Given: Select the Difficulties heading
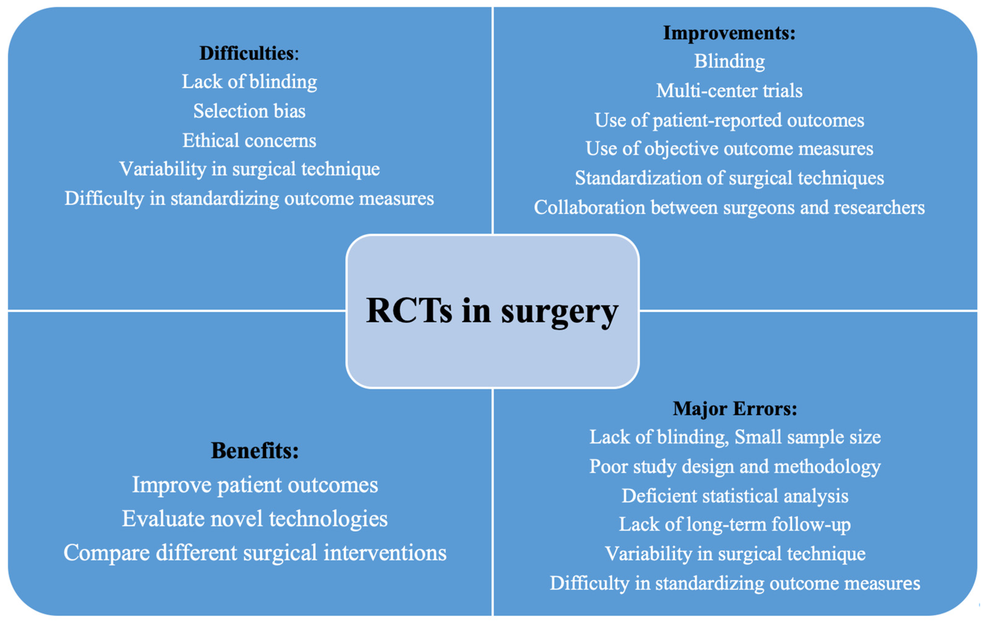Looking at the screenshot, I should click(249, 54).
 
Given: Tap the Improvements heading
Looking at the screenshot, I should click(729, 33).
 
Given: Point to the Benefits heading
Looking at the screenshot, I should click(254, 451).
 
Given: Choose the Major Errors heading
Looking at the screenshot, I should click(735, 409).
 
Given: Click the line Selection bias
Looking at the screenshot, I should click(249, 111).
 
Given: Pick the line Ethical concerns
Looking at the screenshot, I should click(249, 141).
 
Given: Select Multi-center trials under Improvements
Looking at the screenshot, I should click(729, 91).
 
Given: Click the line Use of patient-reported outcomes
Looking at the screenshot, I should click(729, 120).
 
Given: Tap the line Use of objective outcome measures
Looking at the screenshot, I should click(729, 149).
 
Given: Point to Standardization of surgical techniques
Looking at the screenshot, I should click(729, 178).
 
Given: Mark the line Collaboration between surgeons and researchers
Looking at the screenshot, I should click(729, 207).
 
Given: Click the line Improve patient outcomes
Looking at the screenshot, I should click(254, 485).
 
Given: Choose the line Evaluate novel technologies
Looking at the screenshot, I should click(254, 519).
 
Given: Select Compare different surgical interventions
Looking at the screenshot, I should click(254, 553).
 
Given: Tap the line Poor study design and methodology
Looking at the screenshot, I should click(735, 467).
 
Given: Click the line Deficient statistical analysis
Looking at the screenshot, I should click(735, 496).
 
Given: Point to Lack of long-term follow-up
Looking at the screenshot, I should click(735, 525).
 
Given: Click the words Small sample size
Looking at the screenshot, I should click(808, 437).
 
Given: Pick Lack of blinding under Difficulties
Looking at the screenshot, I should click(249, 82).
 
